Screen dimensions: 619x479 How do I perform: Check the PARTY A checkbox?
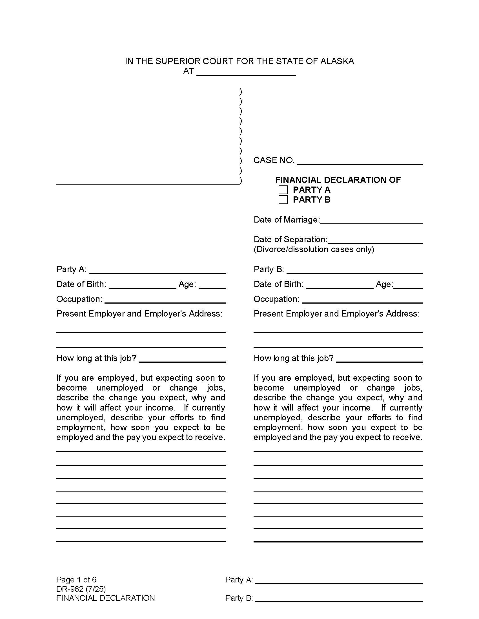283,190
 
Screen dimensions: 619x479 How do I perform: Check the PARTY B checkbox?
283,199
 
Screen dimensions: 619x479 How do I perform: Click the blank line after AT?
246,72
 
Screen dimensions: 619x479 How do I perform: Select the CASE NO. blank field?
360,161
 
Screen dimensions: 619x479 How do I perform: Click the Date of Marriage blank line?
371,220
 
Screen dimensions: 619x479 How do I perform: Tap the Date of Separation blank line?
375,240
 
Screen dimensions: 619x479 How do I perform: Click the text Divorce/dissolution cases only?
314,249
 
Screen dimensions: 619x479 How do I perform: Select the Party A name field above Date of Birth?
158,270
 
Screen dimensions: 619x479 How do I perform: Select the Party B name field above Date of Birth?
354,270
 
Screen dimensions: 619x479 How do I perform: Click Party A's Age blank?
212,284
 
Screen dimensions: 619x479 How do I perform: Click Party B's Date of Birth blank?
340,284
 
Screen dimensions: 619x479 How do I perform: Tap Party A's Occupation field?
165,300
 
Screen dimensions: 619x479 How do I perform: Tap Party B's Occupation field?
362,300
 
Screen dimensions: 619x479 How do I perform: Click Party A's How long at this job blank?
182,359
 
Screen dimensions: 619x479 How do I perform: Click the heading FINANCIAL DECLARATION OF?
338,180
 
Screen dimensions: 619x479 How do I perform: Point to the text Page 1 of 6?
76,580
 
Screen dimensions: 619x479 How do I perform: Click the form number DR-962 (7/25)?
81,589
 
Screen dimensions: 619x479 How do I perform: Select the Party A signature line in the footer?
339,580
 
